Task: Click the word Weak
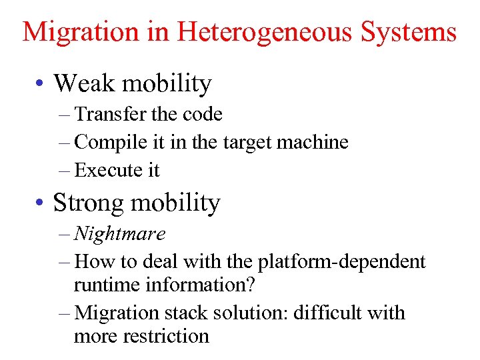click(81, 83)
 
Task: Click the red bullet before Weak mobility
click(41, 85)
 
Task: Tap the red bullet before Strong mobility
click(41, 203)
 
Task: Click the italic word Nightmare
click(120, 233)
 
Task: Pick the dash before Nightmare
click(64, 234)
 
